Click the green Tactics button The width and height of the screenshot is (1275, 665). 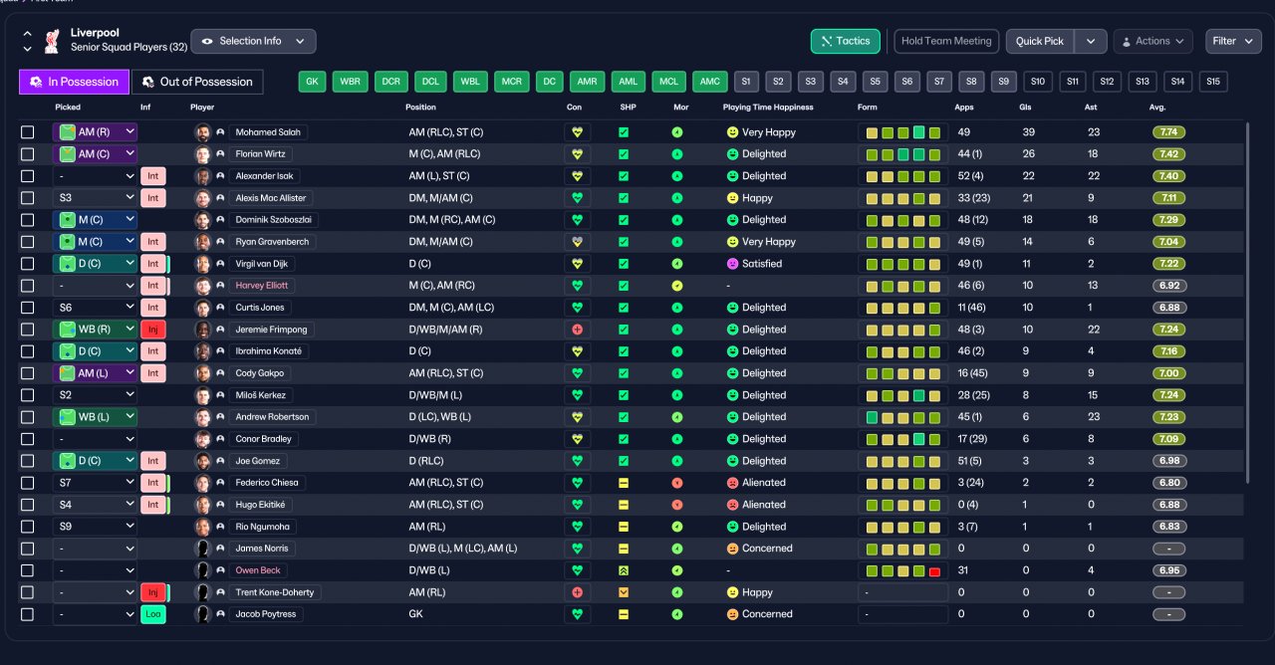point(846,42)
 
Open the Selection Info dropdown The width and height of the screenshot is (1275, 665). point(253,42)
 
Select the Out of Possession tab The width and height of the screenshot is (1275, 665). point(197,82)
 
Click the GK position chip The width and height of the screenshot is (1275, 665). point(312,82)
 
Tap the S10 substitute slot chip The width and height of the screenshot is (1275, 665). point(1038,82)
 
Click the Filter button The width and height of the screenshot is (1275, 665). point(1233,42)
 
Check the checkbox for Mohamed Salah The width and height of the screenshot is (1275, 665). point(27,132)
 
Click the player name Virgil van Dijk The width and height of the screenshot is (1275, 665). point(261,264)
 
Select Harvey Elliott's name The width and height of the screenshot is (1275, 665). point(261,286)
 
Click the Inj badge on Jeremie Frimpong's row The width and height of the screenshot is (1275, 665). point(153,330)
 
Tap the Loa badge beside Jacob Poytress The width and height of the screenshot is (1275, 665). point(153,614)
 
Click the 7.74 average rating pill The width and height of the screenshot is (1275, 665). point(1168,132)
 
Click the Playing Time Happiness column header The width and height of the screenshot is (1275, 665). point(768,108)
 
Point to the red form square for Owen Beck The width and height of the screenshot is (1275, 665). point(934,571)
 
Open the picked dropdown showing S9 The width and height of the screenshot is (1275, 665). point(95,527)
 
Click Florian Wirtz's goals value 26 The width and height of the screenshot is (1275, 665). point(1028,154)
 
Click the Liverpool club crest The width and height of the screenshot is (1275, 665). point(53,42)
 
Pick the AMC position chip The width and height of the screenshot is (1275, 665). point(709,82)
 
